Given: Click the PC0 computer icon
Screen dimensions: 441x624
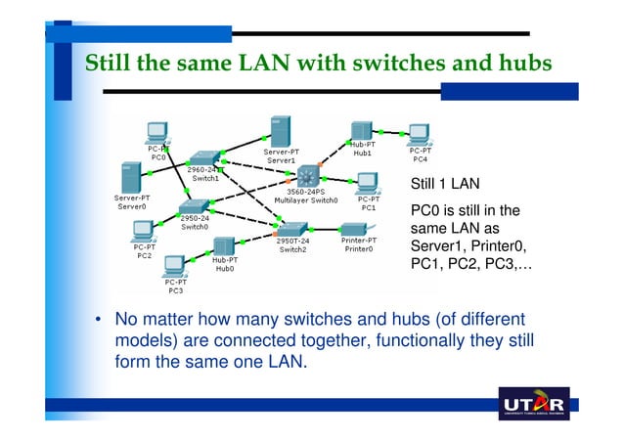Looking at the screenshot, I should click(156, 132).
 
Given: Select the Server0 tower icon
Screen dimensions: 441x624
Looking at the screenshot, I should click(126, 178).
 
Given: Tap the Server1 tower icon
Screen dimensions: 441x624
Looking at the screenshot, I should click(278, 131).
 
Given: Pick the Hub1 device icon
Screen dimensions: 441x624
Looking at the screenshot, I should click(362, 130).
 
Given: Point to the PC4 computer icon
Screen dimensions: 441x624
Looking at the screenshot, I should click(420, 133).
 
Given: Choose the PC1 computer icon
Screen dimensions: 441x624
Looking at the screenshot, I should click(368, 182).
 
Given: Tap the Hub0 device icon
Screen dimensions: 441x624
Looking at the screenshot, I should click(224, 246).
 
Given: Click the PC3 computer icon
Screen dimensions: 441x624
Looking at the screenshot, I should click(175, 266).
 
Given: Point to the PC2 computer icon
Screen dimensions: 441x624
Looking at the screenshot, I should click(144, 231).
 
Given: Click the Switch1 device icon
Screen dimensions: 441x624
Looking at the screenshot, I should click(203, 158).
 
